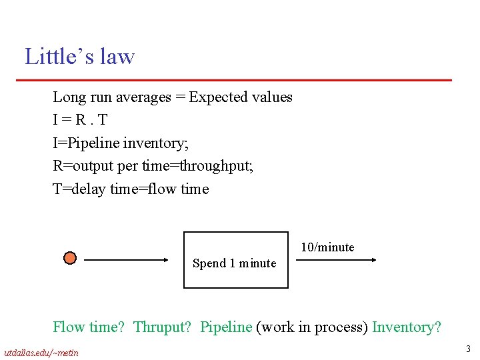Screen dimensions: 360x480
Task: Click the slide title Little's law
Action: pyautogui.click(x=80, y=57)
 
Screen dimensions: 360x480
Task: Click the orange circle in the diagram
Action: pyautogui.click(x=70, y=258)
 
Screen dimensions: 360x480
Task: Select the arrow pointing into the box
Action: pyautogui.click(x=128, y=260)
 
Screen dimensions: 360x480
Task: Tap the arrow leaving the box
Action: pyautogui.click(x=337, y=260)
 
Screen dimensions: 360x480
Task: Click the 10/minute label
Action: pyautogui.click(x=327, y=247)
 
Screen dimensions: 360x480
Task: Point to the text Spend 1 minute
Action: pyautogui.click(x=234, y=263)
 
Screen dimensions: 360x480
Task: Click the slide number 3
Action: pyautogui.click(x=469, y=349)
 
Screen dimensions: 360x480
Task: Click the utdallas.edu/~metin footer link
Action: pyautogui.click(x=41, y=352)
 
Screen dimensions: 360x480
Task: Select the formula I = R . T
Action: pyautogui.click(x=80, y=120)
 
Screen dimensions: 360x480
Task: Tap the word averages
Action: pyautogui.click(x=143, y=97)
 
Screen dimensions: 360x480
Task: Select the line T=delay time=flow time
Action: pyautogui.click(x=131, y=189)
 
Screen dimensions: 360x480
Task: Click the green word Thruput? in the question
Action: pyautogui.click(x=163, y=327)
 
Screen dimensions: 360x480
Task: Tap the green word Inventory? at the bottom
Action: pyautogui.click(x=407, y=327)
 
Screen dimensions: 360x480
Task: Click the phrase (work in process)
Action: pyautogui.click(x=312, y=327)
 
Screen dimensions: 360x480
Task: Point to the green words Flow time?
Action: pyautogui.click(x=89, y=327)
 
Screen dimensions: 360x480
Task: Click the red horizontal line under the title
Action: pyautogui.click(x=233, y=80)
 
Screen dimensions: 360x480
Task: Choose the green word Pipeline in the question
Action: pyautogui.click(x=226, y=327)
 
